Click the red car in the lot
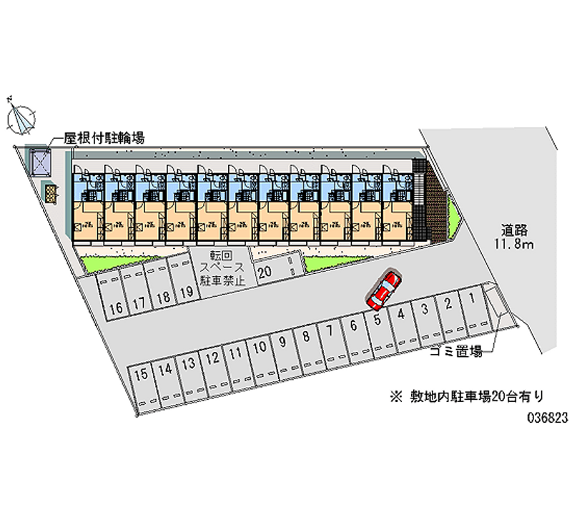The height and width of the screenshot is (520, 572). point(383,290)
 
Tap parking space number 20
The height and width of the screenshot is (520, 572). point(265,273)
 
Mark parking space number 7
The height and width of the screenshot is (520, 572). point(329,330)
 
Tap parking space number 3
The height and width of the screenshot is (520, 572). point(425,309)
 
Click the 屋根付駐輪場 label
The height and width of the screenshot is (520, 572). point(104,138)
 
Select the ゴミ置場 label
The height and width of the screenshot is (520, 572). point(456,351)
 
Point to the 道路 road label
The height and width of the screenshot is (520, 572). point(514,230)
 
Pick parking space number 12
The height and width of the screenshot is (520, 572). point(212,357)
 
